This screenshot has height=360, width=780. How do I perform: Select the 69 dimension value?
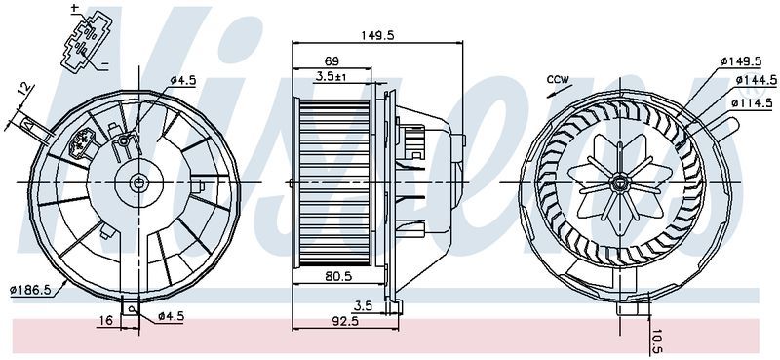pos(331,60)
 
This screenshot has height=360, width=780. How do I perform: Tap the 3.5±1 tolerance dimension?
pos(331,75)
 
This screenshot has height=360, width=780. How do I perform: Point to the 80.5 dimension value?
pos(338,276)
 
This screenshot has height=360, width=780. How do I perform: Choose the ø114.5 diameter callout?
pos(750,100)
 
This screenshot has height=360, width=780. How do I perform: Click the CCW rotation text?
pos(558,79)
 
